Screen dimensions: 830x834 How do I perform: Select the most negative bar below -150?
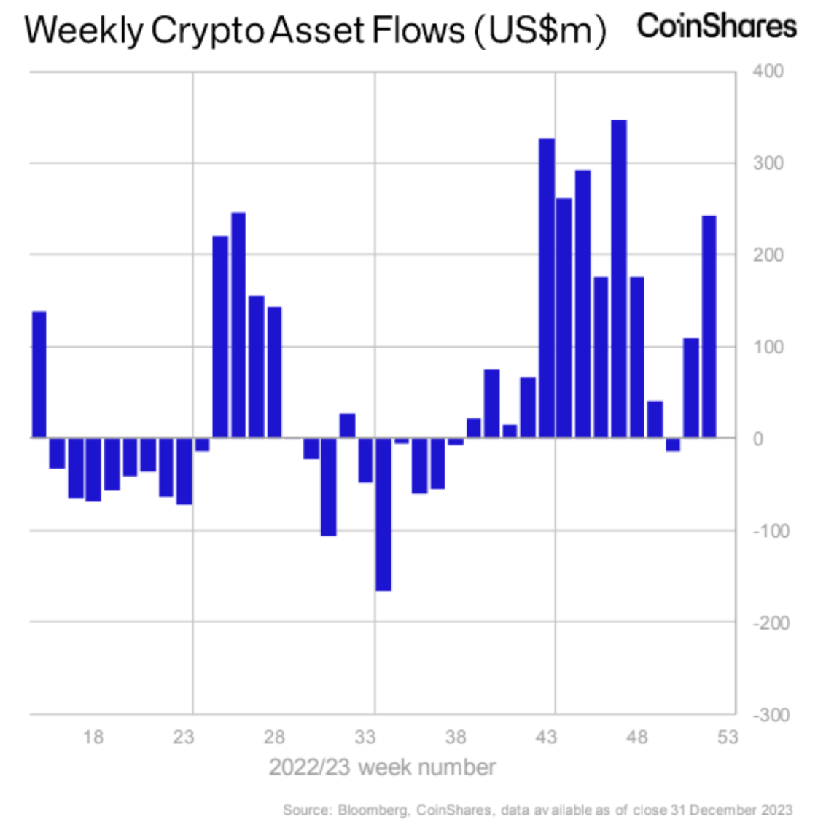tap(383, 514)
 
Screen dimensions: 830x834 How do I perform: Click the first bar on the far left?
tap(39, 375)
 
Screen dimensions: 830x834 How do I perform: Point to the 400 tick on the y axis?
tap(768, 71)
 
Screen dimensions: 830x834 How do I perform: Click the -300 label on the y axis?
tap(771, 715)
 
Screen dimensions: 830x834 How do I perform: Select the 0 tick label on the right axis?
tap(758, 439)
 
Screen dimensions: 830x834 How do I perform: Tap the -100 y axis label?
tap(771, 531)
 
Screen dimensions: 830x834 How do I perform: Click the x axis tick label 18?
tap(93, 737)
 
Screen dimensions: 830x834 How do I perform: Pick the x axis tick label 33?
tap(365, 737)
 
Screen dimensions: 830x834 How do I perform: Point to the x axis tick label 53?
tap(727, 737)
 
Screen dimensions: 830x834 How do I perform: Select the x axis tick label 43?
tap(546, 737)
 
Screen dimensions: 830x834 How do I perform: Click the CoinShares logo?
tap(717, 26)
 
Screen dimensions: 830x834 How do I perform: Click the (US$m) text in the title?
tap(540, 31)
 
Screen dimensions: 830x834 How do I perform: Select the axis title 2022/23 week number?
tap(382, 767)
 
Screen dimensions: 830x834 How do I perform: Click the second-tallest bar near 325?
tap(547, 288)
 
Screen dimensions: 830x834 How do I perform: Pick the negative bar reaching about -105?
tap(329, 487)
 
